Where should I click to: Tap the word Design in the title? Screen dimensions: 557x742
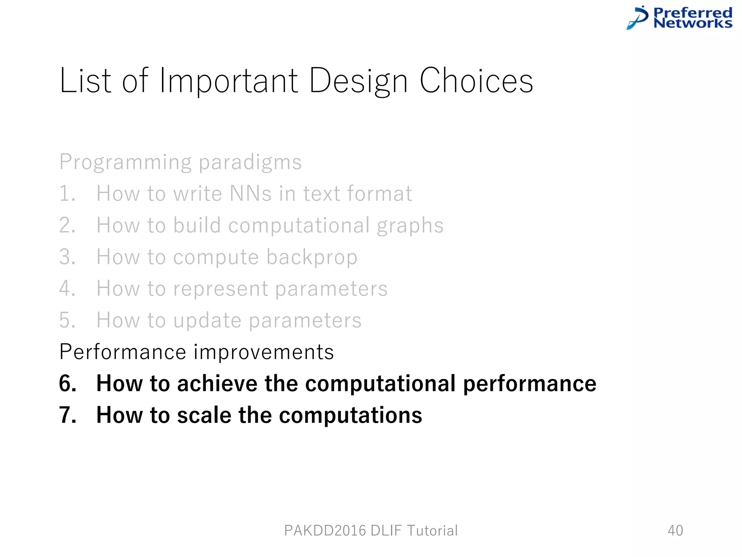coord(358,82)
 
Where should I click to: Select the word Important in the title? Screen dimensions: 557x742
coord(229,82)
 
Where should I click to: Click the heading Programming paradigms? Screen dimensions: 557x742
coord(180,162)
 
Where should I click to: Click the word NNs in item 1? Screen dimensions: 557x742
coord(250,193)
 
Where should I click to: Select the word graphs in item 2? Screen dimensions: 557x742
coord(410,226)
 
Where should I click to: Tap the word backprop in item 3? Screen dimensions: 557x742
coord(312,257)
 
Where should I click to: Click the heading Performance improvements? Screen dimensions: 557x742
coord(196,352)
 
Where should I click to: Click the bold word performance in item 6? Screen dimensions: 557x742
coord(529,384)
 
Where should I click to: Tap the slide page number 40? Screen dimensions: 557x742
coord(675,531)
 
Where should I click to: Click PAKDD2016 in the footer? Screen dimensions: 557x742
coord(325,531)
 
